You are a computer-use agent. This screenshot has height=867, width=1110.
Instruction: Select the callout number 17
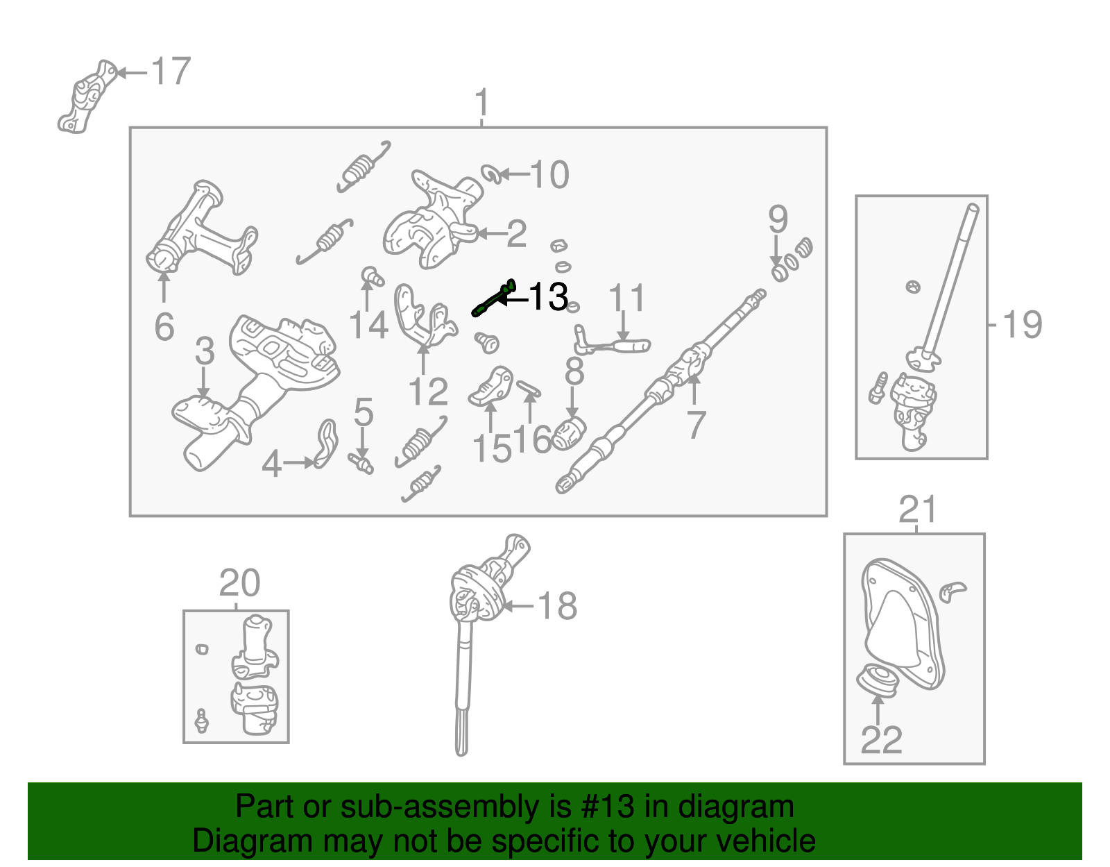[171, 71]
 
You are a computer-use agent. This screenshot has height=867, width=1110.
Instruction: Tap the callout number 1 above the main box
[481, 104]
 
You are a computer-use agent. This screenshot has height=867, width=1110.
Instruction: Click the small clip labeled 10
[492, 174]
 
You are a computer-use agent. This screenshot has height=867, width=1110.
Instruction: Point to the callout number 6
[164, 326]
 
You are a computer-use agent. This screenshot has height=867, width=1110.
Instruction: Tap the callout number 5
[364, 412]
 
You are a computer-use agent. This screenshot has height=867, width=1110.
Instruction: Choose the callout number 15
[492, 448]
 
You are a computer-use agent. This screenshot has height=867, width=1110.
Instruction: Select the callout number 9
[778, 219]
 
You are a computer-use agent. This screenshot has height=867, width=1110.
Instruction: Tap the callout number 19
[1023, 324]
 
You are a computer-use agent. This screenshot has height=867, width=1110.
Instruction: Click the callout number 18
[558, 606]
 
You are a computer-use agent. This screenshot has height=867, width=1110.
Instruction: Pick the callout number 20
[239, 583]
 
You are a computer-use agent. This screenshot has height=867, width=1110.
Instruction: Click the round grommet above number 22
[878, 680]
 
